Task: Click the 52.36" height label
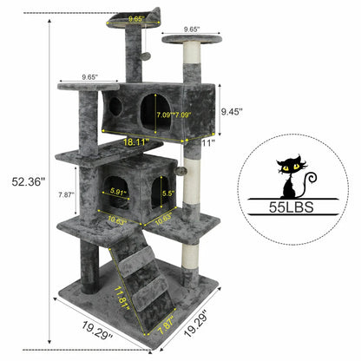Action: click(23, 180)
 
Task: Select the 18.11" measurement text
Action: click(137, 141)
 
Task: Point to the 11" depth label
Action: click(206, 141)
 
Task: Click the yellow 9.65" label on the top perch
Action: click(135, 17)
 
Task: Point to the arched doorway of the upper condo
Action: click(147, 112)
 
